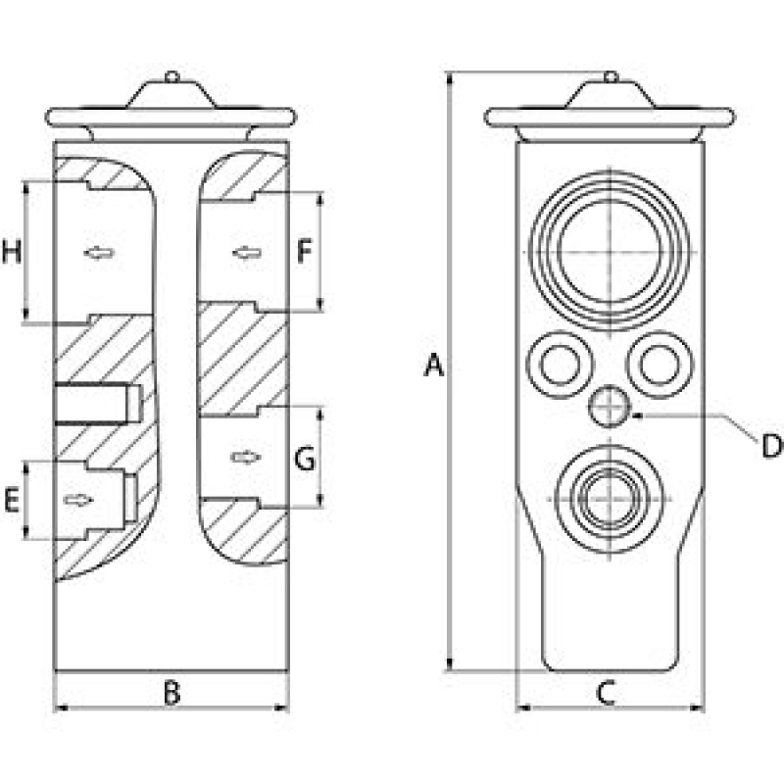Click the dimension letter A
434,367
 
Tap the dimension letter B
171,693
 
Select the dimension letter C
605,693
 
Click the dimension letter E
12,502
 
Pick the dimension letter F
305,253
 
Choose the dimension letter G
305,458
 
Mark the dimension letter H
12,253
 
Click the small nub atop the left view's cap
171,74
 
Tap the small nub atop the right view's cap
609,74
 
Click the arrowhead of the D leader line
636,416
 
